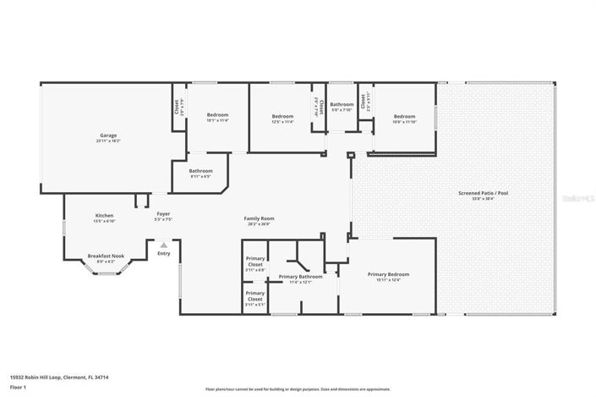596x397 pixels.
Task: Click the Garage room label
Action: pos(108,135)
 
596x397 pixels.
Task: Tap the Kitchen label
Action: pos(104,216)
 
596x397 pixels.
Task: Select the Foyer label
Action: pos(163,216)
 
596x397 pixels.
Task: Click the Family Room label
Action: pos(260,219)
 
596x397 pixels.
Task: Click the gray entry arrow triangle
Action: pos(163,245)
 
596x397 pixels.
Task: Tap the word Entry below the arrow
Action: pos(163,253)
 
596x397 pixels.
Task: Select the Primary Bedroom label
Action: pos(388,274)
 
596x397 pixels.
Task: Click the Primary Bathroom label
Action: pos(300,278)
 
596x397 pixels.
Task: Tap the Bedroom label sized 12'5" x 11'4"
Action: pos(282,116)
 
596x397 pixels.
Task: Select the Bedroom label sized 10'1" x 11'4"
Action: pos(218,115)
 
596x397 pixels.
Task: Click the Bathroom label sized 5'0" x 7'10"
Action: pos(342,105)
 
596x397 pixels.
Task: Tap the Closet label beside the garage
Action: pos(178,108)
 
